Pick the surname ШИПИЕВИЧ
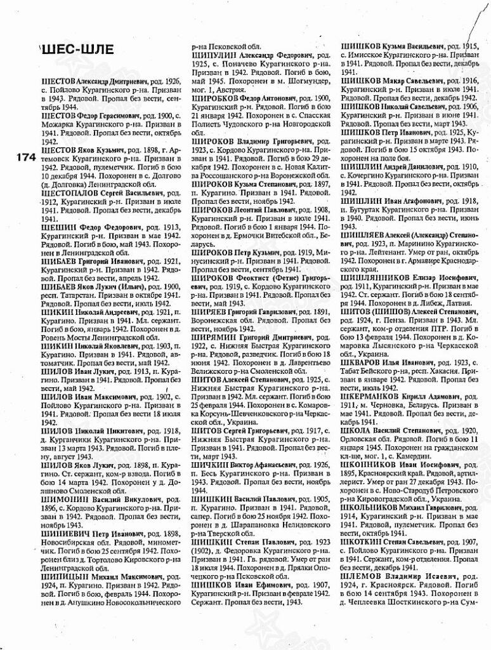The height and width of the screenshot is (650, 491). (x=64, y=534)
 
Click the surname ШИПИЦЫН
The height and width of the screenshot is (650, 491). (x=62, y=577)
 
